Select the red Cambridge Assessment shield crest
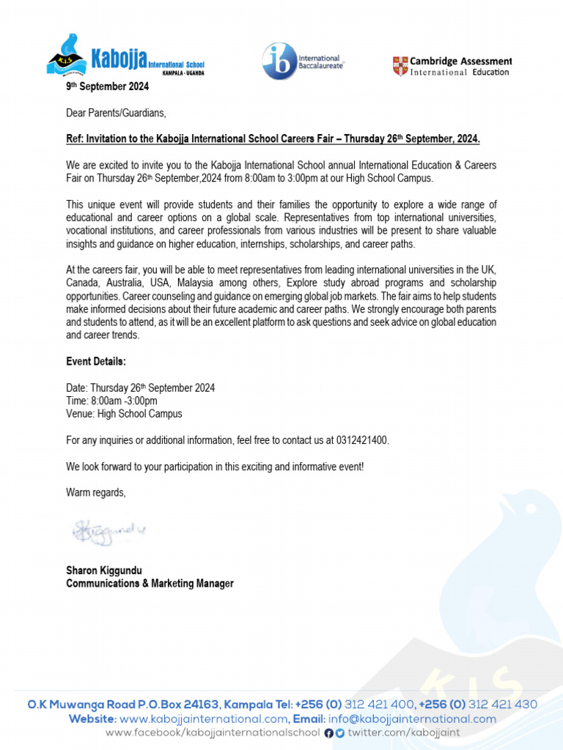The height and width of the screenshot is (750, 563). pos(400,66)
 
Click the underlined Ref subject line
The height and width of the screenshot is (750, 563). pos(273,139)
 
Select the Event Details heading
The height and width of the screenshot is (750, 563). pos(96,362)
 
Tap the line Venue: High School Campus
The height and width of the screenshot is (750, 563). pos(124,414)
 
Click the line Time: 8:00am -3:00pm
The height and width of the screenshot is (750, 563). pos(111,401)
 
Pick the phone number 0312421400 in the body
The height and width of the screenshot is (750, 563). pos(361,440)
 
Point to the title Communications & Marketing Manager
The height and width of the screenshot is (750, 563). pos(150,584)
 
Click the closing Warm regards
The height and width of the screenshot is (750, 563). pos(95,493)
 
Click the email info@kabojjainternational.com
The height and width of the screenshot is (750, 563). pos(412,719)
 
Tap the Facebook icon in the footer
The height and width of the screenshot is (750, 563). pos(328,733)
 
